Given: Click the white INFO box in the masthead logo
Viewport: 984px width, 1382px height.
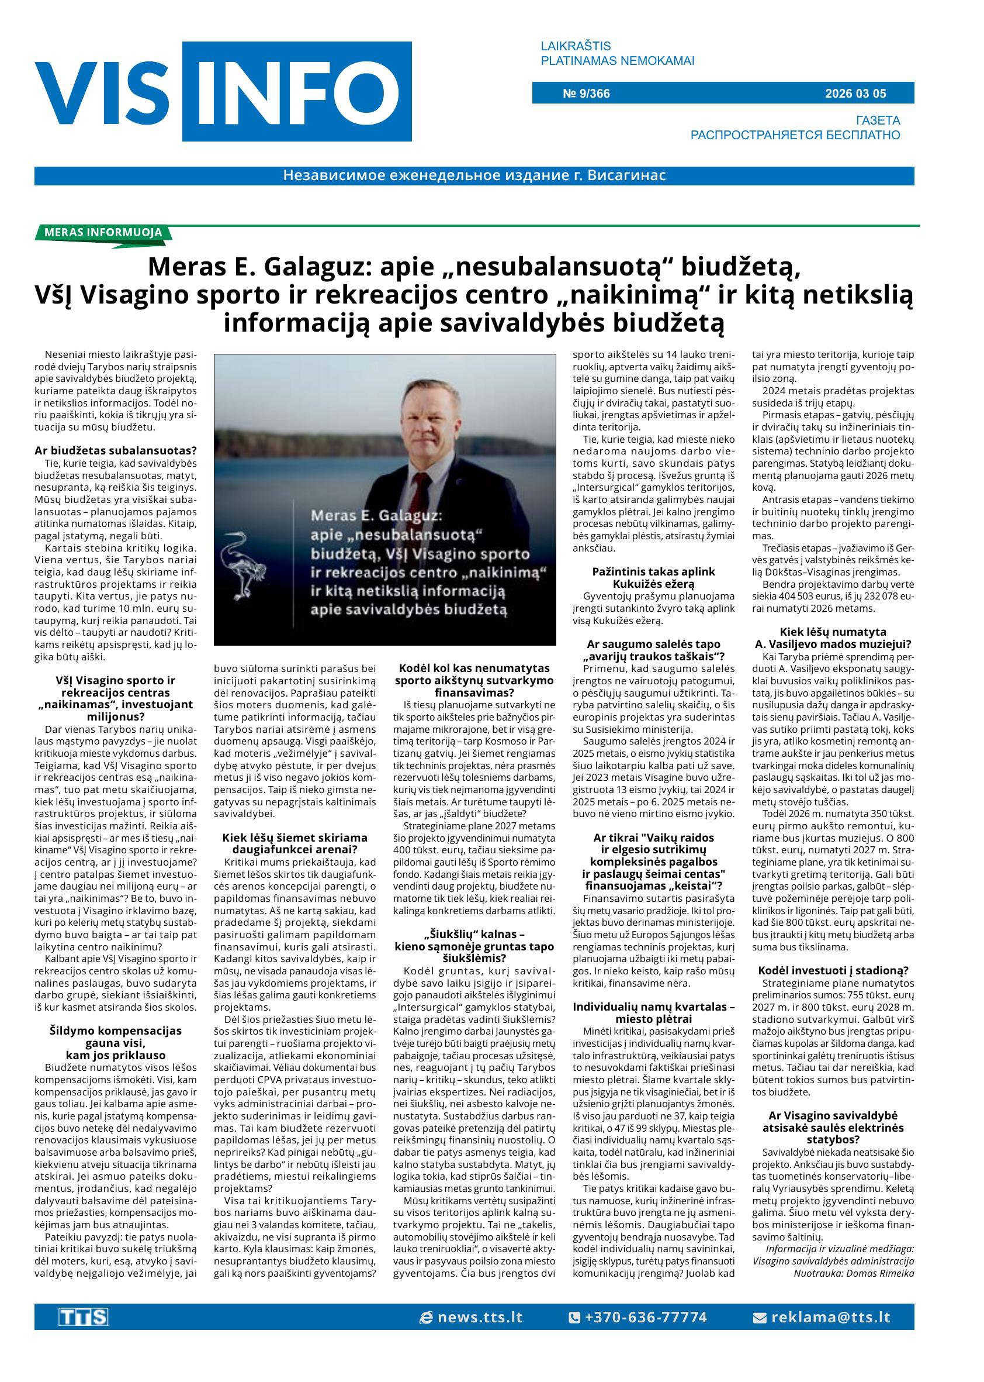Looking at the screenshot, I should tap(297, 91).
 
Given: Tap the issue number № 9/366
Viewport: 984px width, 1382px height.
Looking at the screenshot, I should tap(586, 94).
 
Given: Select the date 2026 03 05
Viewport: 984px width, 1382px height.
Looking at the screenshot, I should tap(855, 94).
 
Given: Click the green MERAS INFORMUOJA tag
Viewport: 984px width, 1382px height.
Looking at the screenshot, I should tap(103, 232).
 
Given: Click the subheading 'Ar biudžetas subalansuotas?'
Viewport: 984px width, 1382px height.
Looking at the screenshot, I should tap(115, 450).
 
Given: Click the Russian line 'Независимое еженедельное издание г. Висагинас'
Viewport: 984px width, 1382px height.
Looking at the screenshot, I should tap(474, 176).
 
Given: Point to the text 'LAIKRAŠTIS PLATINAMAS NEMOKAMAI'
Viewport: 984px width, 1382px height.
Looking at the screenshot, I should tap(617, 53).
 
